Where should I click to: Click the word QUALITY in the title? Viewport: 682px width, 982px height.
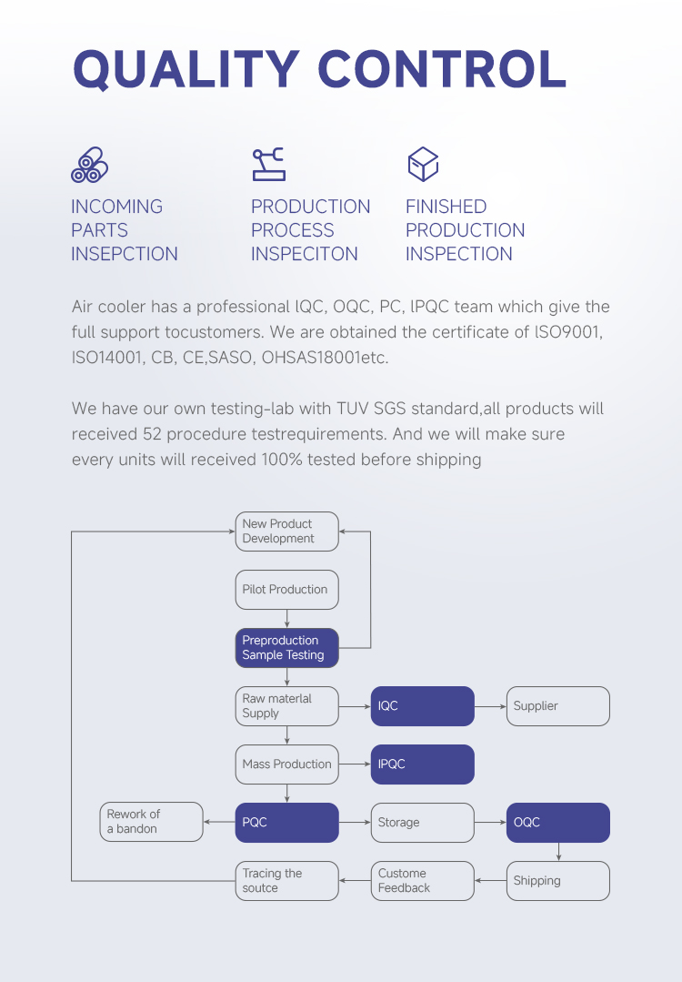(186, 69)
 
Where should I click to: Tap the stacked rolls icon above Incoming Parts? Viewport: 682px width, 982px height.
(89, 165)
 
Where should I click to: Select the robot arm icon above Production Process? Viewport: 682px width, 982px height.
(268, 165)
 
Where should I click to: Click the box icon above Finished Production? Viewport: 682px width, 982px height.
(423, 164)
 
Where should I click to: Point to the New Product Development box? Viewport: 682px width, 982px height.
(286, 531)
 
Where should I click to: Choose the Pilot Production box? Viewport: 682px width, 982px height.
(286, 590)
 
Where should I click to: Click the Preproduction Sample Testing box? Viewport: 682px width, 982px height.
(286, 648)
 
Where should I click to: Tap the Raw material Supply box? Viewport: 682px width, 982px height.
(286, 706)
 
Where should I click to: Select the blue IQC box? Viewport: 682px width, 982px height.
(422, 706)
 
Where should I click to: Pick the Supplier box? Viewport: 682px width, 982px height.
(558, 706)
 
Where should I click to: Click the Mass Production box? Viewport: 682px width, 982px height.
(286, 764)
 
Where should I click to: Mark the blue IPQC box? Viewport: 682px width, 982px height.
(422, 764)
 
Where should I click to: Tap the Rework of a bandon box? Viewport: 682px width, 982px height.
(152, 822)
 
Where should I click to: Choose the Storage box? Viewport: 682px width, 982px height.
(422, 823)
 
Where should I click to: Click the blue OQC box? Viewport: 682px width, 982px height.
(558, 823)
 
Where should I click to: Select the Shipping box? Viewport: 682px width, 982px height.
(558, 881)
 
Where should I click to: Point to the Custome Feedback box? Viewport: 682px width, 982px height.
(422, 881)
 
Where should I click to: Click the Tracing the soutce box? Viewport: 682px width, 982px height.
(286, 881)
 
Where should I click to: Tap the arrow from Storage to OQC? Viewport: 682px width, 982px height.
(490, 823)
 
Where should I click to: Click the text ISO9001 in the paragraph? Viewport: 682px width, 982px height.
(567, 332)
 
